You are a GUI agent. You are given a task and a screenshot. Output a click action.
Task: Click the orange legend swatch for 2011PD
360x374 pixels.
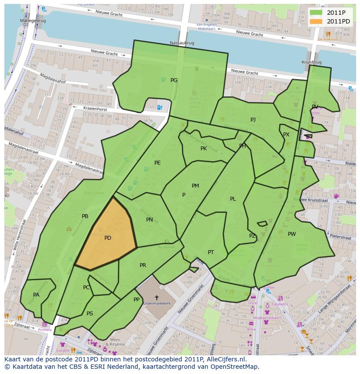point(317,21)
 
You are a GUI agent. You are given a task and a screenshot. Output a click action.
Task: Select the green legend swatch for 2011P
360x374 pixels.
point(317,13)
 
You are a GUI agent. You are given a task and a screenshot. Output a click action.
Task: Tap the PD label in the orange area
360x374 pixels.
point(108,238)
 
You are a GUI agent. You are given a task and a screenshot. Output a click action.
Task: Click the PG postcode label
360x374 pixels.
point(174,80)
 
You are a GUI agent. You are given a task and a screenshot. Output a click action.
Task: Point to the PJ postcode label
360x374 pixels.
point(253,119)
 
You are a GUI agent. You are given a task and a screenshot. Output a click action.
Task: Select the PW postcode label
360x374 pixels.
point(292,234)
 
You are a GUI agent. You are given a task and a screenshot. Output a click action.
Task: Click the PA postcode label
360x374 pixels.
point(36,295)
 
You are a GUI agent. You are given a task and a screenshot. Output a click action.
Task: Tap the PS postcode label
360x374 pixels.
point(90,314)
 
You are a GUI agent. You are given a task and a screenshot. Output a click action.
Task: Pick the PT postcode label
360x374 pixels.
point(211,252)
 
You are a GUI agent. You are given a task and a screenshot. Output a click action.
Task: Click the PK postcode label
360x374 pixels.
point(203,149)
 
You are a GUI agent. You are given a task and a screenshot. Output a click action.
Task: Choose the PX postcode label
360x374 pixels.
point(286,135)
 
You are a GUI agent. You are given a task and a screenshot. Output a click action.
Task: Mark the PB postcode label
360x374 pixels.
point(85,216)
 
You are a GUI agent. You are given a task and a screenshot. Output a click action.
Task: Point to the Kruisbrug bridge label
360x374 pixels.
point(311,63)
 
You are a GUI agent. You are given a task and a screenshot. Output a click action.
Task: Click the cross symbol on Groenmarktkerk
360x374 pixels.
point(157,298)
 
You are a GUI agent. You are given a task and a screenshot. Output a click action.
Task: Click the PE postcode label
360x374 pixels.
point(157,163)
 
